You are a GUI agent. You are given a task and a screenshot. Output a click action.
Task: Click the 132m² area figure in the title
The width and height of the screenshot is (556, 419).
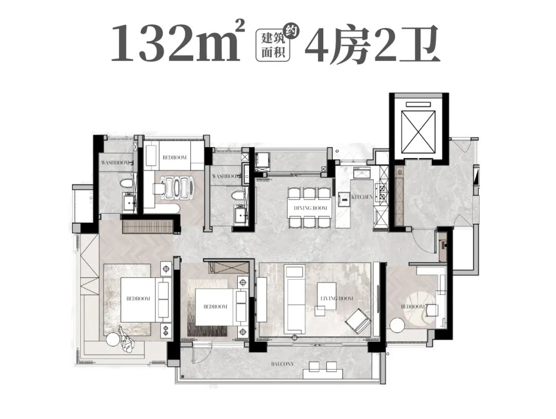(x=175, y=42)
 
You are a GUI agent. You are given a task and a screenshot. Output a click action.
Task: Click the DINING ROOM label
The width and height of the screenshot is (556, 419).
(x=310, y=208)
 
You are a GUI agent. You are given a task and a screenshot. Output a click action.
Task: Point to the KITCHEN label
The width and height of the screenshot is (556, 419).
(x=362, y=197)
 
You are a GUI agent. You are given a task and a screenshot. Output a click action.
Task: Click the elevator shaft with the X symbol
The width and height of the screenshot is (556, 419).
(x=419, y=127)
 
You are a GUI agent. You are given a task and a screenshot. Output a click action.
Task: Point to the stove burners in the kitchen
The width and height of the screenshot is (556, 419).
(x=383, y=193)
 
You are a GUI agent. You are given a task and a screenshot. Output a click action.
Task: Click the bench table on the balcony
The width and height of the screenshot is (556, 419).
(x=323, y=366)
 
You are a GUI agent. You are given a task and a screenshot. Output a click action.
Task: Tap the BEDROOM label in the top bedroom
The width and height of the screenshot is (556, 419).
(x=175, y=158)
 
